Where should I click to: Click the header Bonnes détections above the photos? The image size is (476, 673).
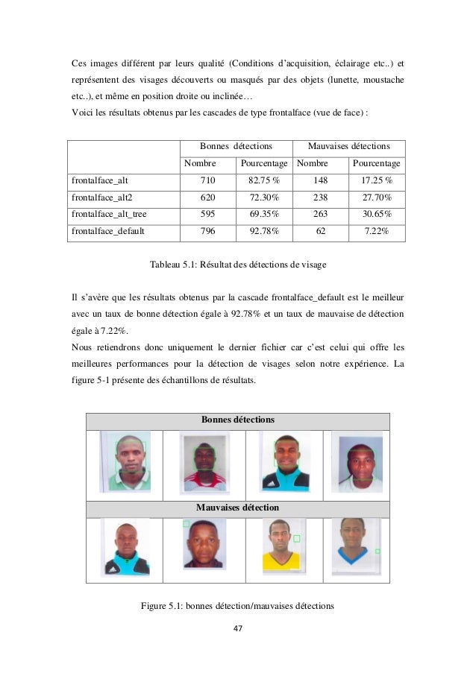click(237, 420)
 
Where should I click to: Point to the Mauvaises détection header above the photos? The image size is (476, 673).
click(237, 507)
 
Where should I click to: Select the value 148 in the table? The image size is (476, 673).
click(321, 180)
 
